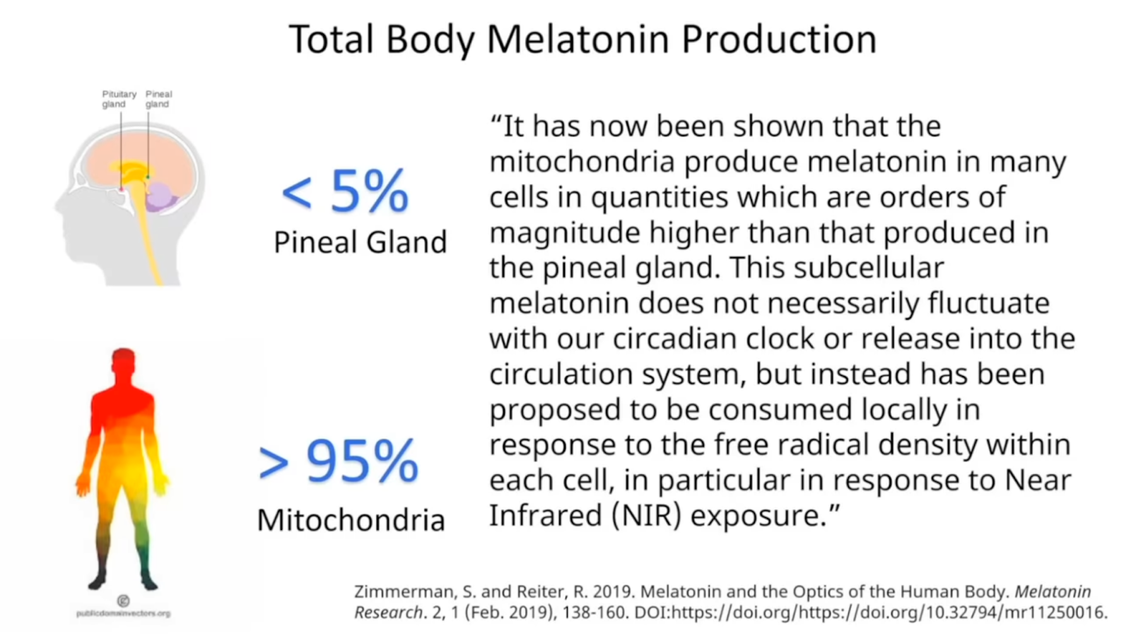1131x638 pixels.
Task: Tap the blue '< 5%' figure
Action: tap(346, 191)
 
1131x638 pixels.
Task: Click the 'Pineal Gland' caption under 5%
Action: tap(360, 242)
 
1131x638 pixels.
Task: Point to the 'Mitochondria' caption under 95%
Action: tap(351, 520)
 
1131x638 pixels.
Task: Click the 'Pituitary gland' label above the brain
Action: tap(118, 99)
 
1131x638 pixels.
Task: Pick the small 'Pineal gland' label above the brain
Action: tap(158, 99)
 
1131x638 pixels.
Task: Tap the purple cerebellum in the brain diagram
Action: tap(162, 196)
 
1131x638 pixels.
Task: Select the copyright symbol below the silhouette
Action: tap(123, 601)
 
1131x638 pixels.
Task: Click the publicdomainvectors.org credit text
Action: tap(123, 613)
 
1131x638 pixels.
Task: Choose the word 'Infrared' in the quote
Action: tap(545, 516)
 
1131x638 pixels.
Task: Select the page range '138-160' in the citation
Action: tap(594, 612)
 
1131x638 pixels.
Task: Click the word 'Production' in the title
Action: tap(778, 39)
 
